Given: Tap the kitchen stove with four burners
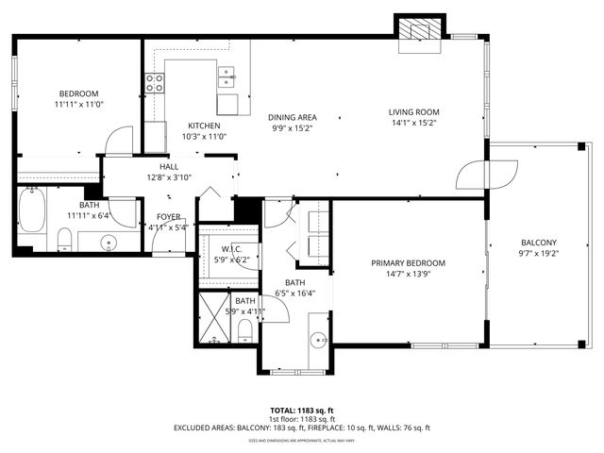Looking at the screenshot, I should coord(154,83).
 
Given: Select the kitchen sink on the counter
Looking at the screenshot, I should coord(227,75).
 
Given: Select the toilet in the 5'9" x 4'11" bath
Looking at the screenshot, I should coord(244,329).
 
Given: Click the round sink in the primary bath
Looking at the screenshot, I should coord(316,340).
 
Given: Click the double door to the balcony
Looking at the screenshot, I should coord(487,175).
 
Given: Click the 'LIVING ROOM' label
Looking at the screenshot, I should coord(414,112).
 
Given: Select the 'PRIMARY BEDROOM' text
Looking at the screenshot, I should coord(408,263).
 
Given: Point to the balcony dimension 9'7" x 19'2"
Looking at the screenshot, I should coord(538,253).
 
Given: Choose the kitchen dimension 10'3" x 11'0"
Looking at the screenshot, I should coord(204,137).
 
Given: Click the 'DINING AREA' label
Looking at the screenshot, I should coord(293,117).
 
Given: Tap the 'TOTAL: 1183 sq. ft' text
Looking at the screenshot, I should coord(302,410).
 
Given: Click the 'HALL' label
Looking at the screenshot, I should coord(169,166).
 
